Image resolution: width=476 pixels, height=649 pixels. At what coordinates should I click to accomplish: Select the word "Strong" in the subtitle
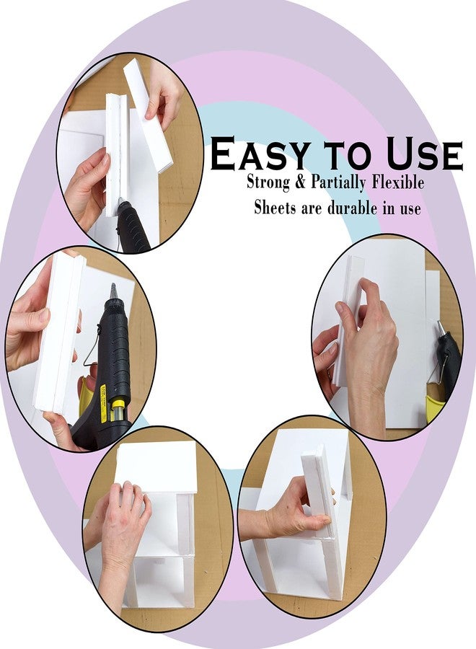coord(268,183)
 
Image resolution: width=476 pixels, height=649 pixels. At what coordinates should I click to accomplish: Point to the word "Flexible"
coord(398,182)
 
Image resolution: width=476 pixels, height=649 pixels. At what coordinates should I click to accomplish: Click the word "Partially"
coord(338,183)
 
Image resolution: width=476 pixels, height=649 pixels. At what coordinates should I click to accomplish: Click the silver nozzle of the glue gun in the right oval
coord(440,329)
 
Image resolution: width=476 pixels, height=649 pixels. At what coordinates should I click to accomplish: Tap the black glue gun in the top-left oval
coord(132,226)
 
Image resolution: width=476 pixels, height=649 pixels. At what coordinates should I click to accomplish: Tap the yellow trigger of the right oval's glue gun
coord(433,407)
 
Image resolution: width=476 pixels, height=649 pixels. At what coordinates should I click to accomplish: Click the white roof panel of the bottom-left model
coord(156,467)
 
